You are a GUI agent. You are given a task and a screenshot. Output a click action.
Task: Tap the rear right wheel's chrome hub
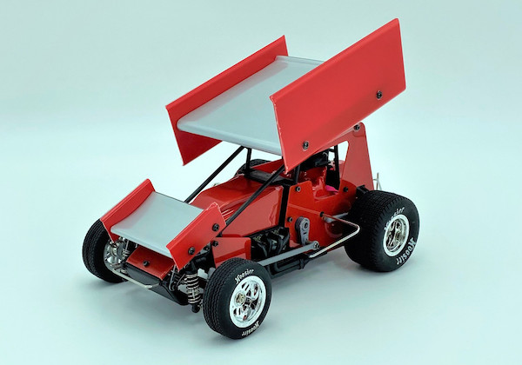click(x=397, y=233)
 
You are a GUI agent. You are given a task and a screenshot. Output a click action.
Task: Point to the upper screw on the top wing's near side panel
click(x=378, y=93)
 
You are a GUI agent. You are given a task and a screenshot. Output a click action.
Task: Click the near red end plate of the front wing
click(x=195, y=233)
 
